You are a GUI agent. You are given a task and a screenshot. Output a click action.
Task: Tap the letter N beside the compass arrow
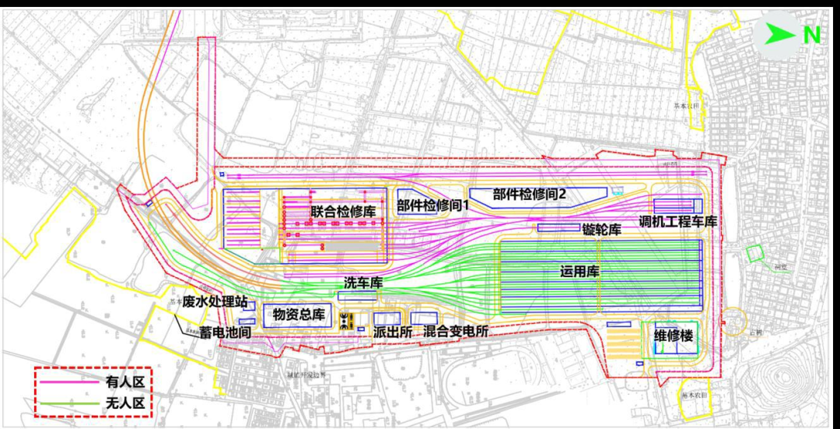click(x=811, y=35)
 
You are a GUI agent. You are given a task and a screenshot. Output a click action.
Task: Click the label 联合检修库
click(x=343, y=212)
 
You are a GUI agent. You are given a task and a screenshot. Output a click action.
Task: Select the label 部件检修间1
click(x=434, y=206)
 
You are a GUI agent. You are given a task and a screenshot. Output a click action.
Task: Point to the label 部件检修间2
click(x=529, y=194)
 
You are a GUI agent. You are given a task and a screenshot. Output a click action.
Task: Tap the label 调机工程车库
click(x=677, y=222)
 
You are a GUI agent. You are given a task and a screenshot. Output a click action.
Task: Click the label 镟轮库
click(x=602, y=230)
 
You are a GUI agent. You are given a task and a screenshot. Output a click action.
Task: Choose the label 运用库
click(x=579, y=272)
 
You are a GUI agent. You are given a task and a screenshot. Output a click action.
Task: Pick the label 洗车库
click(x=363, y=283)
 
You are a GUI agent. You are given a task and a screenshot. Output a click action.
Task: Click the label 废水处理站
click(x=215, y=302)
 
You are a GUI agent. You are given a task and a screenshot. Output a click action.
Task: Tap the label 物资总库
click(x=299, y=315)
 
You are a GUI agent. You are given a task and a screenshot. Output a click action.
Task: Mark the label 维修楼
click(x=674, y=337)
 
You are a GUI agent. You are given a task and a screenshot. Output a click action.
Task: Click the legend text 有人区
click(x=125, y=382)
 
